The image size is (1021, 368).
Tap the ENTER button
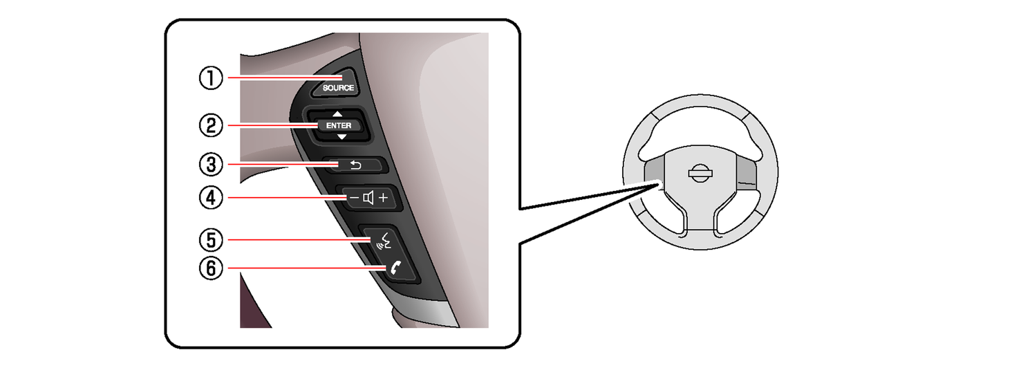339,125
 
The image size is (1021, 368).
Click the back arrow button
355,165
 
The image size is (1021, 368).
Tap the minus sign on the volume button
354,198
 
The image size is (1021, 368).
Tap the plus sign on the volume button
384,198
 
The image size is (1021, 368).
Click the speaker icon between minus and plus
368,198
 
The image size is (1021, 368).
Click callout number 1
211,78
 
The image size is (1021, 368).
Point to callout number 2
211,125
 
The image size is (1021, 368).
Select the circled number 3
211,165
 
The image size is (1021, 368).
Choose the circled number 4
211,198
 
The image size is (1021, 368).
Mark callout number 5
211,240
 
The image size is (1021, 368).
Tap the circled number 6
211,268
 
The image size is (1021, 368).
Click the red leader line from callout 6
308,268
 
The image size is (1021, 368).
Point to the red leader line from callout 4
287,198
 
